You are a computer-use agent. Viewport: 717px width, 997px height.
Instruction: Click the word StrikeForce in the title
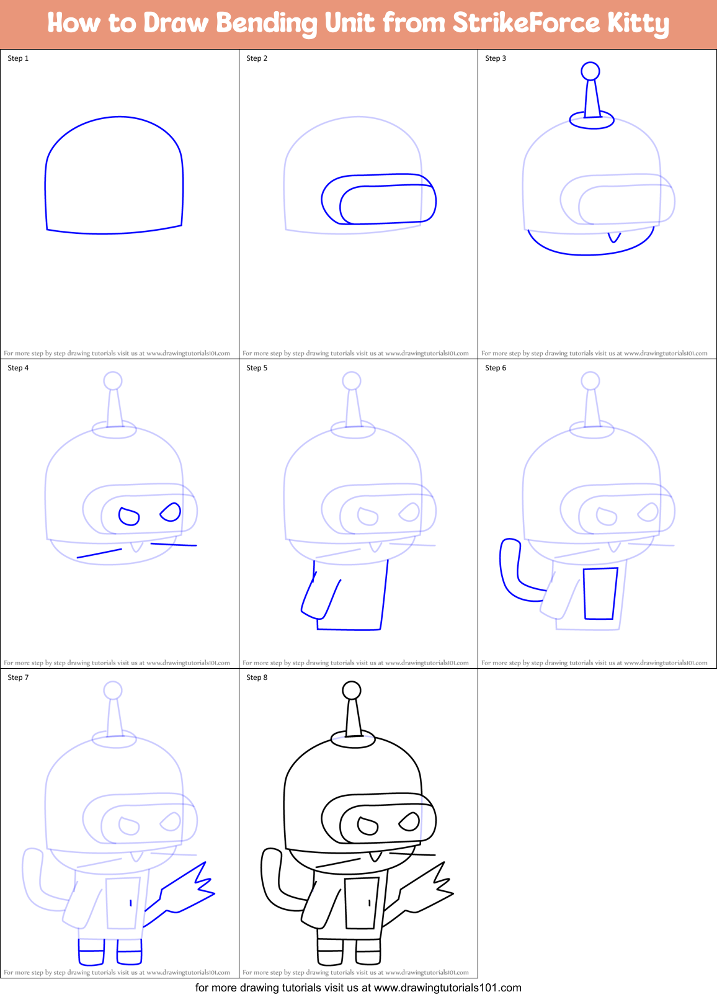525,23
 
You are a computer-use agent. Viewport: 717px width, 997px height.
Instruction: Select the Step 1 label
18,58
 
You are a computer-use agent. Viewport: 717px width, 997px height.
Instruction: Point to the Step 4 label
18,368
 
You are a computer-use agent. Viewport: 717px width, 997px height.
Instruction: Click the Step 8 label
257,677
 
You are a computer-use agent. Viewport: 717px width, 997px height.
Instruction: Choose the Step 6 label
496,368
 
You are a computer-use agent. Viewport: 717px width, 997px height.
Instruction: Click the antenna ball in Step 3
590,71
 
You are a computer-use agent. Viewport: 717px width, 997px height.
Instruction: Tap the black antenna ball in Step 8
352,690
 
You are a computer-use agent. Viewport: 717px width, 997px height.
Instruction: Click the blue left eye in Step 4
128,516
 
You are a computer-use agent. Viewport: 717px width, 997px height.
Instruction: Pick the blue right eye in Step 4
171,512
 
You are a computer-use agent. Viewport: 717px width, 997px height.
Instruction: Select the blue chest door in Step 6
600,594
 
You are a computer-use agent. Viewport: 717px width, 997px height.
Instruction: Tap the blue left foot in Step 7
91,952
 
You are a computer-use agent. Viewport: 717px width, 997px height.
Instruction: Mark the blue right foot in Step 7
129,952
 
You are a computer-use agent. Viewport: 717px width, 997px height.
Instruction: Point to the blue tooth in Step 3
614,237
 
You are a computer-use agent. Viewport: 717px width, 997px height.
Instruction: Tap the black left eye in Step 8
368,826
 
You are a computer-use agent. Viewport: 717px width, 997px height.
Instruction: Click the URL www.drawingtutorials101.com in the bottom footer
448,988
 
